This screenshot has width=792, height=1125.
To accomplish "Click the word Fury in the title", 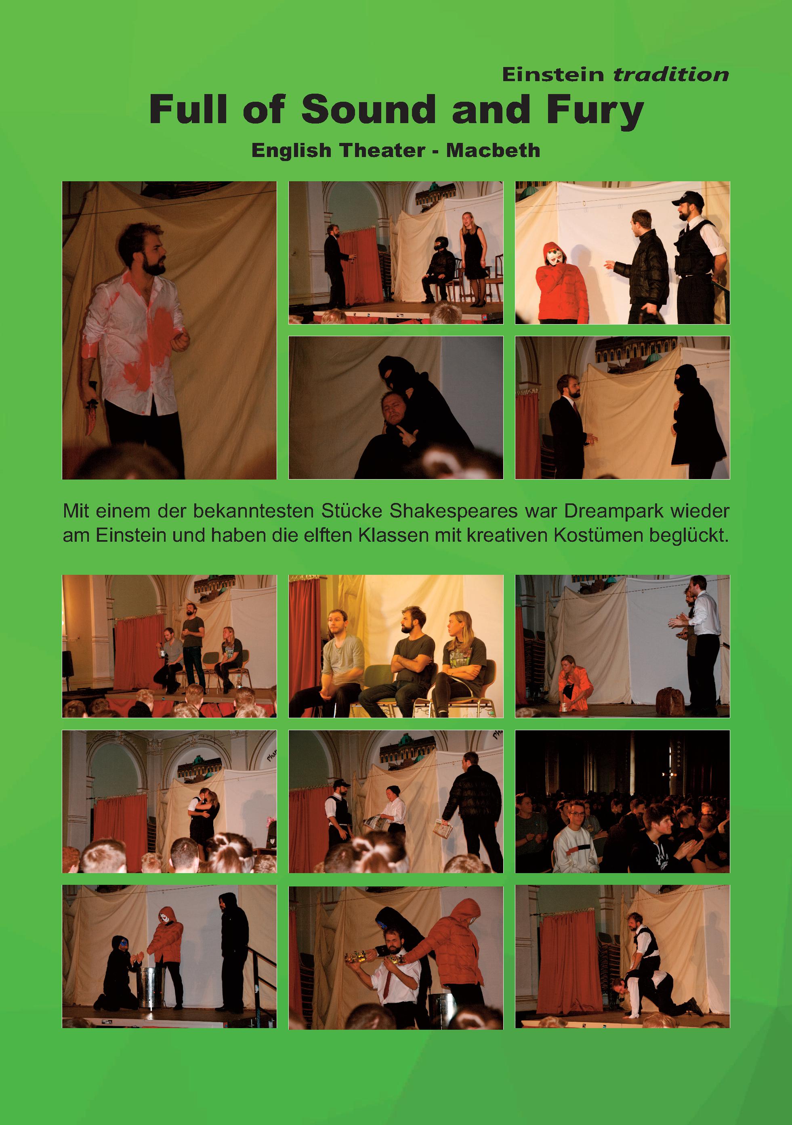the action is [595, 111].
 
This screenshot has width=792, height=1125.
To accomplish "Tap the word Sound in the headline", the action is [368, 109].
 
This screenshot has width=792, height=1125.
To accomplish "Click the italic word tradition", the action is [671, 75].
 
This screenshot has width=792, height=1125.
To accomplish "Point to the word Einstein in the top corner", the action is [553, 75].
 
